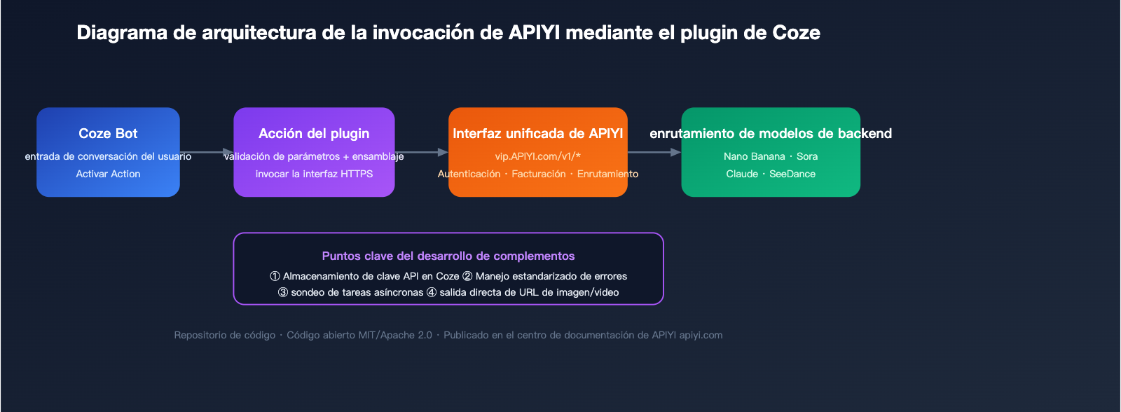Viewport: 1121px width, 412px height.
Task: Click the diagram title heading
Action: pos(448,33)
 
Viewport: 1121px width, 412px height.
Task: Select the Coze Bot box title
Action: pos(108,134)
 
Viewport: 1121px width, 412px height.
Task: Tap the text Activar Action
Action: pos(108,174)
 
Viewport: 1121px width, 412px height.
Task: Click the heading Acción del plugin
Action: pos(314,134)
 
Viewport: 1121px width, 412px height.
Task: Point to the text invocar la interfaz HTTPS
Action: pos(314,174)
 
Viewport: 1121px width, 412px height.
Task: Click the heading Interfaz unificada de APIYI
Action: pos(537,134)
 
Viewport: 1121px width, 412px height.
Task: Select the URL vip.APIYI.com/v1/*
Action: pos(537,156)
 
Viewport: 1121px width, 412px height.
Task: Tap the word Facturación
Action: pos(538,174)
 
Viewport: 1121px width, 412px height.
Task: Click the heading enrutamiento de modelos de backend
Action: pos(771,134)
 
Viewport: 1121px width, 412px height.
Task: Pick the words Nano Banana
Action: pos(754,156)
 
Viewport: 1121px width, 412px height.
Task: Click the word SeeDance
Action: pos(792,174)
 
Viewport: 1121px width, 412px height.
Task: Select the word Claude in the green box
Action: pos(742,174)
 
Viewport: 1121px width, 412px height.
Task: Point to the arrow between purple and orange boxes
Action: pos(422,152)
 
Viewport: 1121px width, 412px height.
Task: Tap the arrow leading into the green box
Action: pos(654,152)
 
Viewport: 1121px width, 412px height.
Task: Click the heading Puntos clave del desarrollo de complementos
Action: pos(448,256)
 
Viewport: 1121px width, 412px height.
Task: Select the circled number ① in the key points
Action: pos(275,277)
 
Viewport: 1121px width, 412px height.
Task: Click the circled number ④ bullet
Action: pos(432,293)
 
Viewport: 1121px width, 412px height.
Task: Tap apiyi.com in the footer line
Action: pos(701,336)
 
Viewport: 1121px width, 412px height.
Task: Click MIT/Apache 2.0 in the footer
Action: pos(395,336)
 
